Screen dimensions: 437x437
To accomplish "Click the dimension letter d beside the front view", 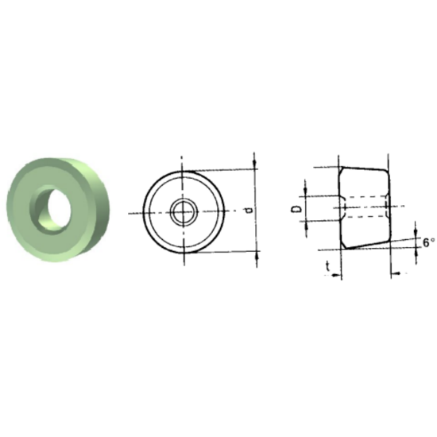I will click(x=249, y=211).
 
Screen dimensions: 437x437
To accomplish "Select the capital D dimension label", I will click(x=296, y=208).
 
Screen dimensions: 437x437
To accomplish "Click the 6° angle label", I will click(x=427, y=242).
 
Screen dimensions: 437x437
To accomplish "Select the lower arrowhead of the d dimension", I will click(x=256, y=256).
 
